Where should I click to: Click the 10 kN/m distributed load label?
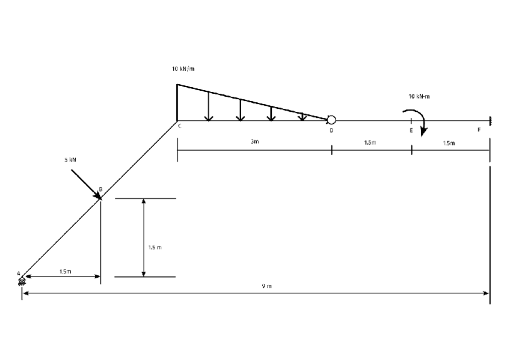[x=183, y=69]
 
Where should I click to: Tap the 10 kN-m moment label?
[x=419, y=96]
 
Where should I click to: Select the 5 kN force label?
[x=70, y=160]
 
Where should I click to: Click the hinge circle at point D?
[x=331, y=120]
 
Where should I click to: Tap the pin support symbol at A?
[x=22, y=281]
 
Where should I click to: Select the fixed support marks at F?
[x=490, y=120]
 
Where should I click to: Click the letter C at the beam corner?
[x=179, y=126]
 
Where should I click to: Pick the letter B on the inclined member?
[x=100, y=189]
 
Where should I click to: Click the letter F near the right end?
[x=479, y=129]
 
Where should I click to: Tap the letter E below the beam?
[x=411, y=130]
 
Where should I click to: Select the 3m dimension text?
[x=254, y=142]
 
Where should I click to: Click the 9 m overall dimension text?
[x=266, y=286]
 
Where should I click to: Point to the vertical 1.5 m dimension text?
[x=155, y=246]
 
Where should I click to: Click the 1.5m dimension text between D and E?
[x=370, y=142]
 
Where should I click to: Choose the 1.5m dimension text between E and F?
[x=449, y=143]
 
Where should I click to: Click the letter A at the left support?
[x=19, y=273]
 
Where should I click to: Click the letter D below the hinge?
[x=331, y=130]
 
